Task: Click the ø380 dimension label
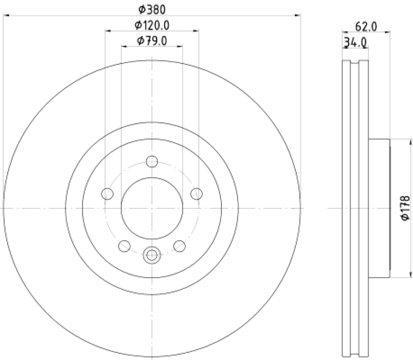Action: [152, 10]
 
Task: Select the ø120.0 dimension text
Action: [152, 25]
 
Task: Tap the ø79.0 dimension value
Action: [152, 41]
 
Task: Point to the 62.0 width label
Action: [366, 27]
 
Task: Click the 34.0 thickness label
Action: [355, 42]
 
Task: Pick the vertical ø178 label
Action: [406, 208]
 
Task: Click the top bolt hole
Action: [152, 161]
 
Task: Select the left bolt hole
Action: [107, 194]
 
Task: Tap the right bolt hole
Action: [197, 194]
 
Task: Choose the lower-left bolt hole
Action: [124, 246]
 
